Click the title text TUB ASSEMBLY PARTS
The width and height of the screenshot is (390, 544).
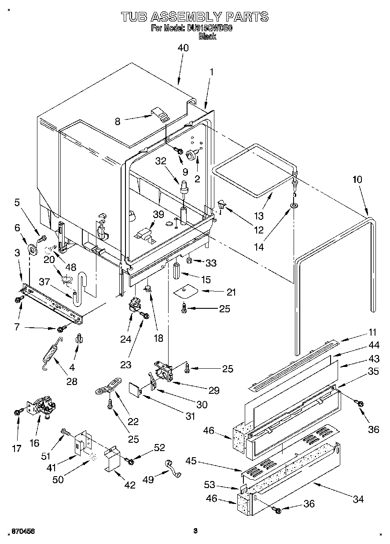coord(195,17)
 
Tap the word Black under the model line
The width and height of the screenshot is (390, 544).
coord(207,37)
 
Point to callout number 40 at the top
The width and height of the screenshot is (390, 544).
coord(182,48)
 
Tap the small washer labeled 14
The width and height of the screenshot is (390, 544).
coord(293,206)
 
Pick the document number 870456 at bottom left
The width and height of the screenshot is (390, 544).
coord(22,532)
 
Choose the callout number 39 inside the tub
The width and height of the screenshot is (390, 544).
coord(158,215)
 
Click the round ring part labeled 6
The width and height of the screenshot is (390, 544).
coord(32,250)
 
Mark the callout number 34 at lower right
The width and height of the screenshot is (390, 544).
coord(358,499)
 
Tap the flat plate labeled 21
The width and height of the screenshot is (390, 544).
coord(185,292)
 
